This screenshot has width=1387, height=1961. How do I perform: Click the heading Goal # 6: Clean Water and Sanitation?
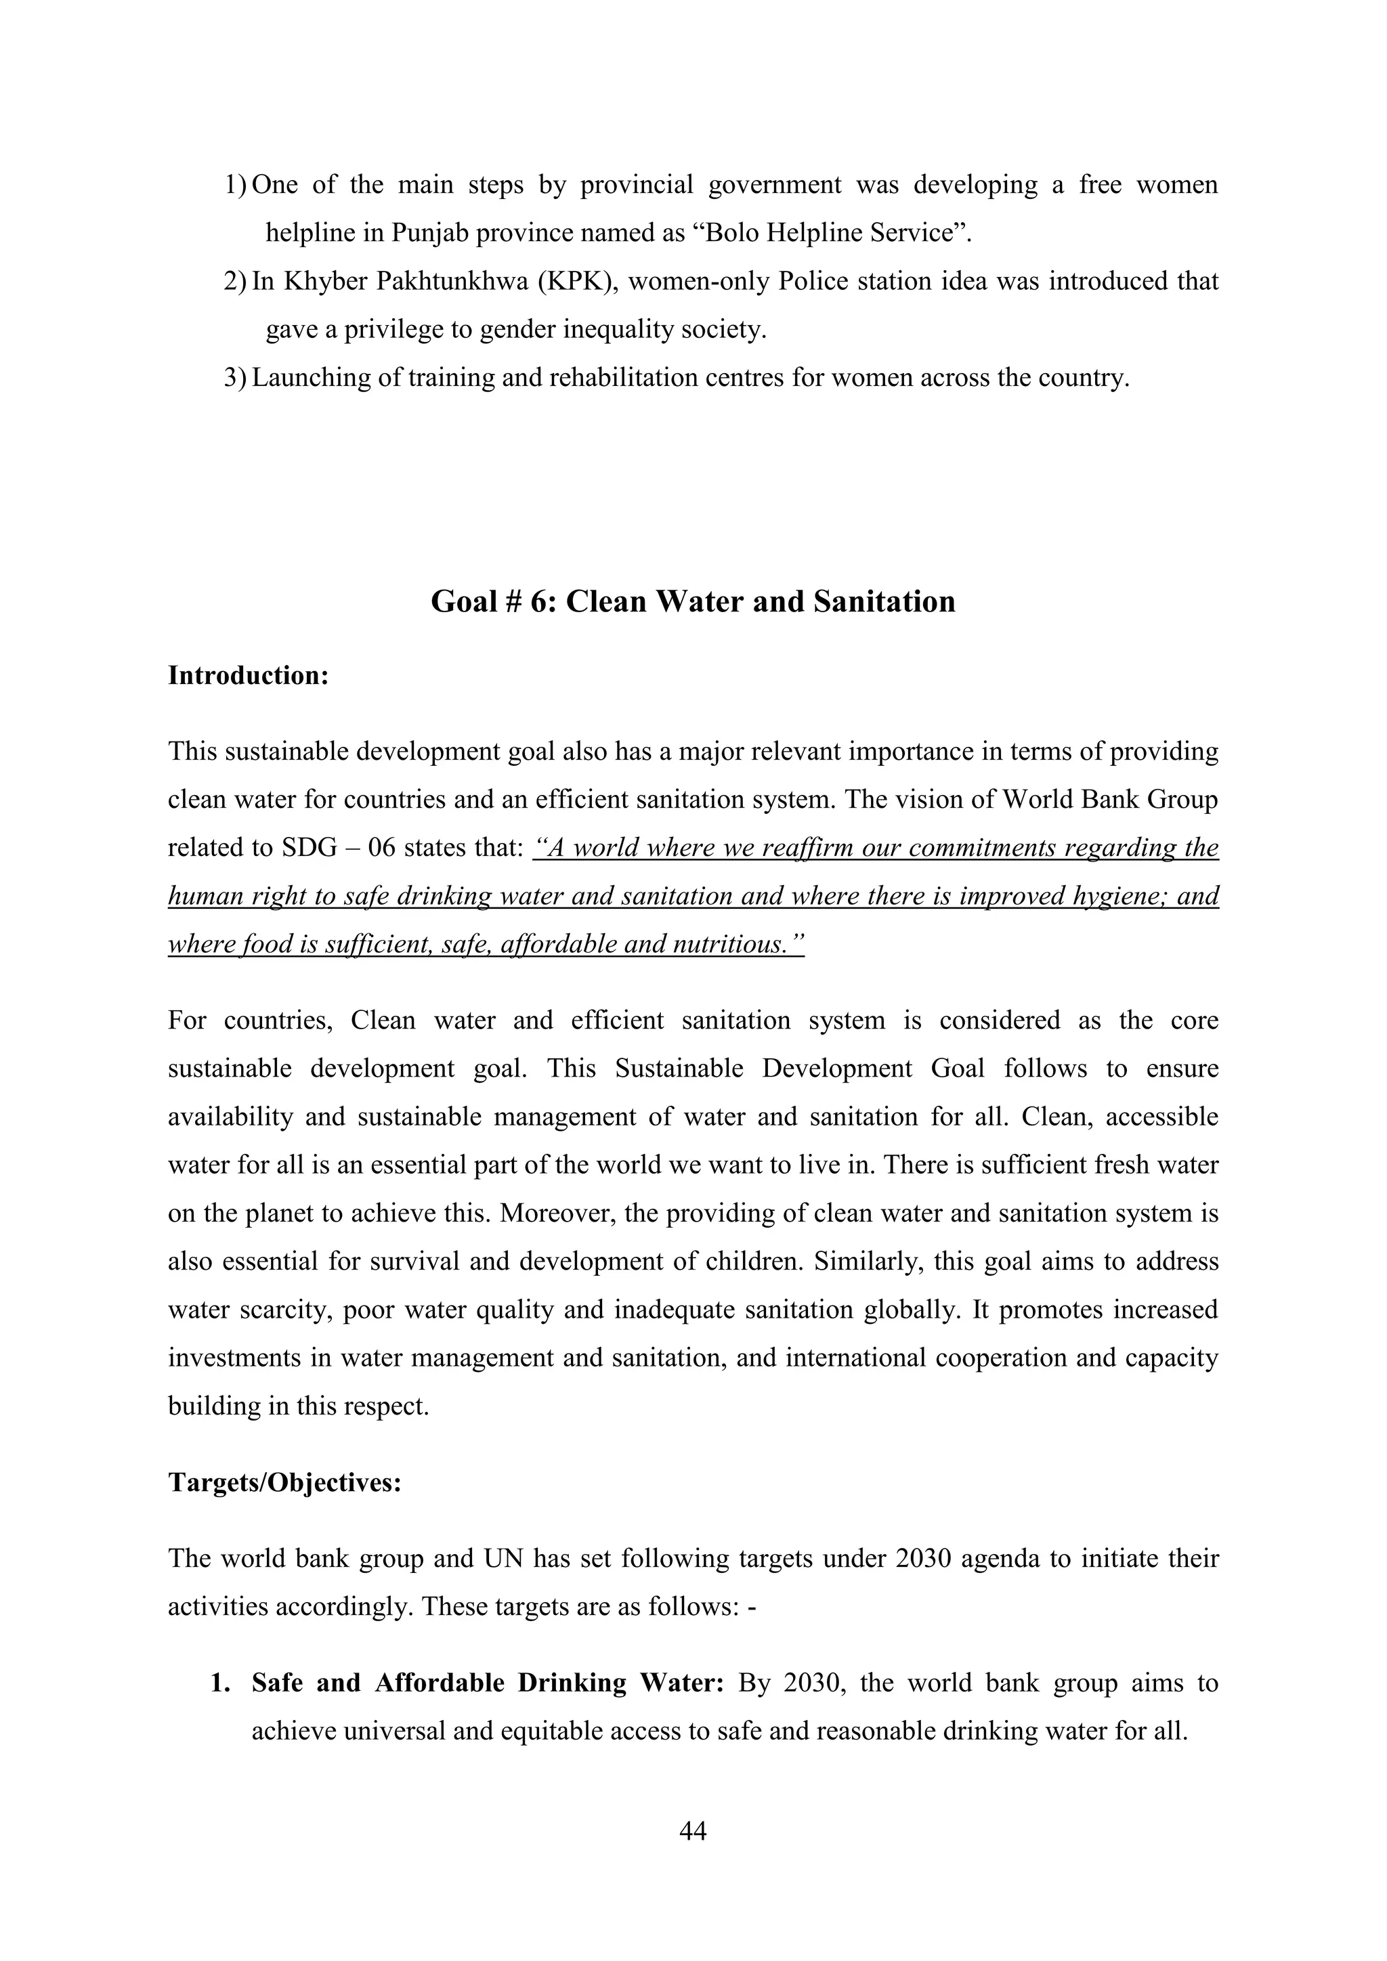(x=693, y=601)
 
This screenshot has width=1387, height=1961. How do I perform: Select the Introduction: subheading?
(x=249, y=676)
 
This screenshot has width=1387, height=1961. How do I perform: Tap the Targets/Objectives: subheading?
(x=284, y=1483)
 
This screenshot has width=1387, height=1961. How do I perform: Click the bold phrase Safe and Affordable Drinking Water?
(x=488, y=1683)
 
